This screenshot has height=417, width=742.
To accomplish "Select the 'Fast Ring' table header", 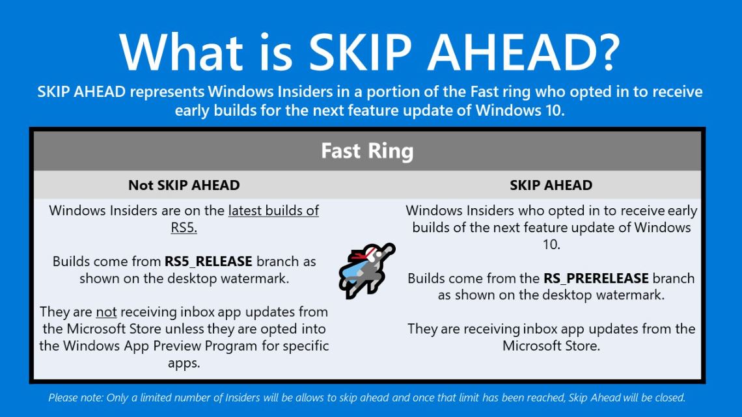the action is click(367, 151).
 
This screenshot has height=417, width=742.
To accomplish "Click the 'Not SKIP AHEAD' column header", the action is click(184, 185).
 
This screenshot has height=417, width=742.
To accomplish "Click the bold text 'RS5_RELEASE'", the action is click(208, 262).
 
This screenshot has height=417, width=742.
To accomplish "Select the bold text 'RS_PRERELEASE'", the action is click(596, 278).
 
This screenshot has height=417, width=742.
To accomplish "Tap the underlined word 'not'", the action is click(106, 312).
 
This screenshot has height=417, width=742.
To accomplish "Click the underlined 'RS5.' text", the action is click(184, 228).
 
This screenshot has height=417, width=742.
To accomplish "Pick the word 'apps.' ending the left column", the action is click(184, 363).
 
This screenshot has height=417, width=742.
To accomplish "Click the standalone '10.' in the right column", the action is click(551, 245).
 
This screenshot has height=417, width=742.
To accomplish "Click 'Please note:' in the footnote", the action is click(76, 397).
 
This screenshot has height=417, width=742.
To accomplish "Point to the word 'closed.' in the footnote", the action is click(670, 397).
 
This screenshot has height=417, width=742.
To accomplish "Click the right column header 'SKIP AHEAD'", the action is click(551, 185).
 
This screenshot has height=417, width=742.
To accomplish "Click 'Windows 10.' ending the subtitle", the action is click(520, 111).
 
